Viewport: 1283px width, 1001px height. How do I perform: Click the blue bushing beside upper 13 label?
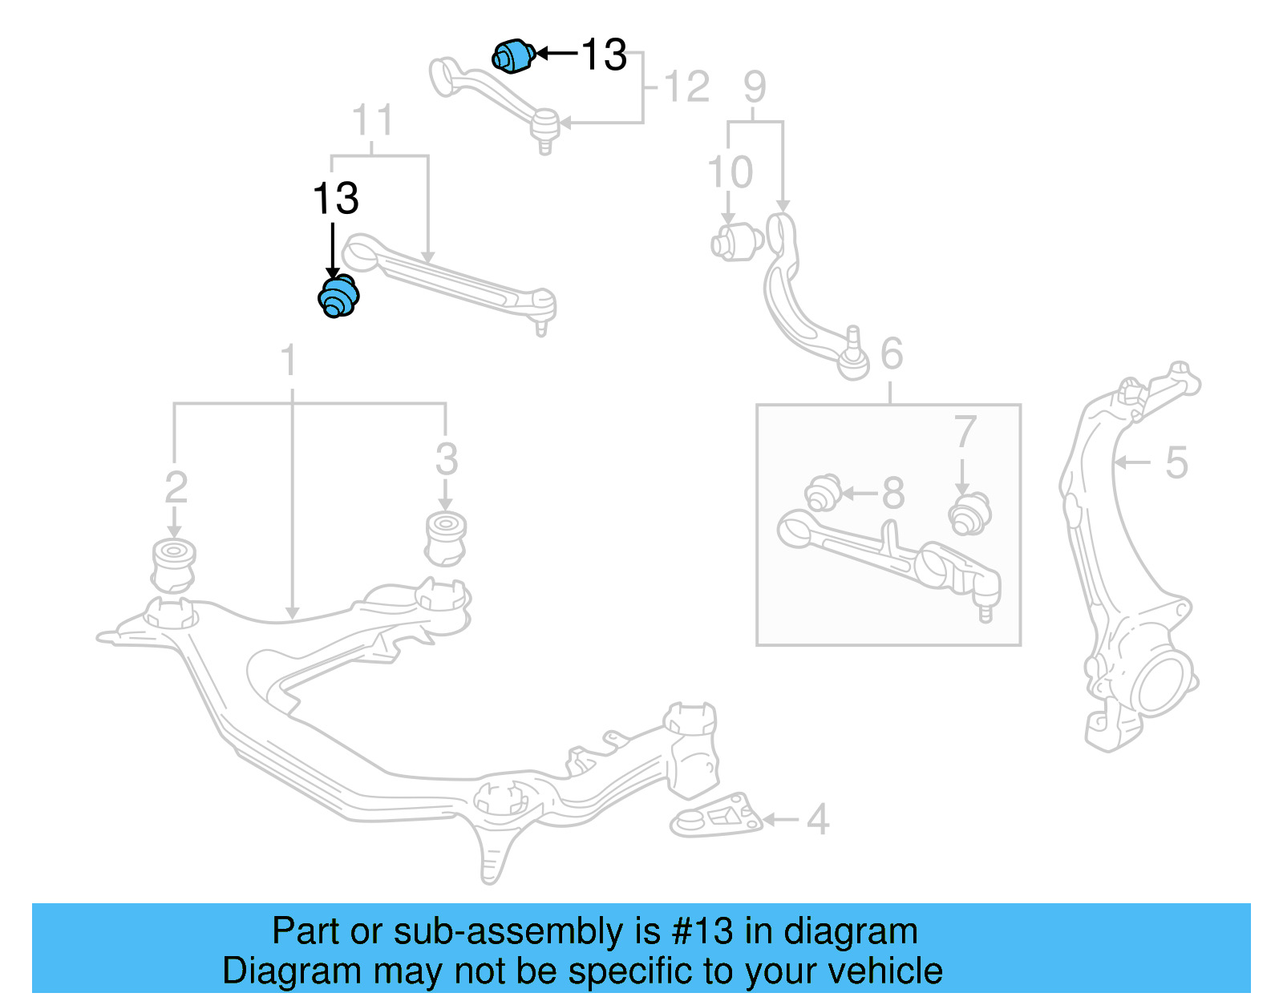click(513, 55)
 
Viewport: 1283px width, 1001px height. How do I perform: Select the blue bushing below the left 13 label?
click(338, 296)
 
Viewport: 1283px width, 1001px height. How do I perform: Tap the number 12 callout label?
click(687, 87)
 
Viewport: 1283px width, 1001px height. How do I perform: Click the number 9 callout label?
click(755, 87)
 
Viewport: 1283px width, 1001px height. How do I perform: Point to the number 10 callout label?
click(730, 172)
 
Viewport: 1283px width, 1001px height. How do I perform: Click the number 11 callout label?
click(373, 121)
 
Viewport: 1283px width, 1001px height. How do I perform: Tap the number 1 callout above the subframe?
click(289, 361)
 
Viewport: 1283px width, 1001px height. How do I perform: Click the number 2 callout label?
click(176, 488)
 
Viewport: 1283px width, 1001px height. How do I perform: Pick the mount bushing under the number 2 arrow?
click(173, 565)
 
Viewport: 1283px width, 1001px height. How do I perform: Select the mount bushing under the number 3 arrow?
click(446, 538)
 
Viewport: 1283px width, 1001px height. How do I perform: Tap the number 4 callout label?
click(817, 819)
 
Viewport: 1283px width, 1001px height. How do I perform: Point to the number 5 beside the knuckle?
click(1176, 462)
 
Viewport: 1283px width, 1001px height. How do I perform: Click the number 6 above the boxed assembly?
click(892, 353)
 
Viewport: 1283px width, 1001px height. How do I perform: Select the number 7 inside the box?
click(965, 433)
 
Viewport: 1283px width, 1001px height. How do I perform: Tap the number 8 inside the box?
click(893, 494)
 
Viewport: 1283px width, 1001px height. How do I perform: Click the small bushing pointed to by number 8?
click(823, 493)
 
